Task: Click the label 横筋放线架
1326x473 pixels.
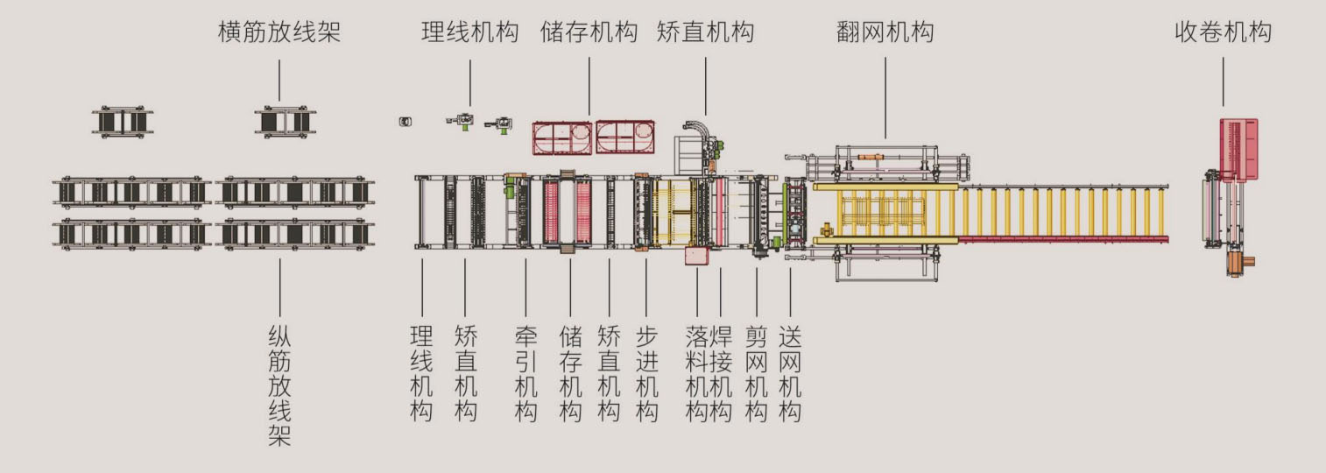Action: (279, 33)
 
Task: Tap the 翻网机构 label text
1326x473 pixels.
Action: (885, 33)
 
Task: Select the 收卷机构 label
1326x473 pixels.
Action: (1223, 33)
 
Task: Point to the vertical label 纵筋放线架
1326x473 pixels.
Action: (279, 385)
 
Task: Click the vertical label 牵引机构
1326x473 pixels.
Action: (525, 374)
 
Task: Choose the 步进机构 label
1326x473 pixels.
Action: (646, 374)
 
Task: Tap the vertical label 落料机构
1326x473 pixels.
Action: (697, 374)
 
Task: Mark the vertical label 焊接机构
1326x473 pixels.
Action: (720, 374)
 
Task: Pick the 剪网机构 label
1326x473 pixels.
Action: (757, 374)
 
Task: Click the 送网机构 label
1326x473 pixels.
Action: (790, 374)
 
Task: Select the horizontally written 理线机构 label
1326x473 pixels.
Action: (469, 33)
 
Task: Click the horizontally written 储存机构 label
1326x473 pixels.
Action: (589, 33)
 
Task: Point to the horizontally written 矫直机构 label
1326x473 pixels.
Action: (705, 33)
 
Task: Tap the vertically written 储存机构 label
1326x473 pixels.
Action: (570, 374)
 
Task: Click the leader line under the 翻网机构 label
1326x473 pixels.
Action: (885, 96)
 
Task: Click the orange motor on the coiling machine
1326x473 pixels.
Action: (1240, 263)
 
